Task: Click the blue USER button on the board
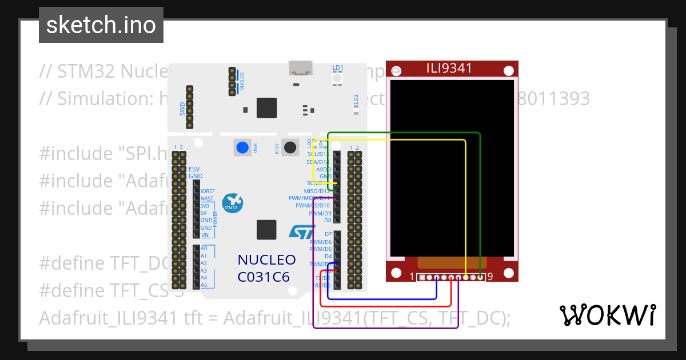pos(242,147)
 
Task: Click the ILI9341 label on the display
pos(449,69)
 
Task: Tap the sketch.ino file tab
pos(101,25)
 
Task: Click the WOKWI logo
pos(607,315)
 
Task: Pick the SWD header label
pos(183,109)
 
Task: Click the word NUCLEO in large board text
pos(266,260)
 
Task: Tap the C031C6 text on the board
pos(264,277)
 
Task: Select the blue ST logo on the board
pos(302,231)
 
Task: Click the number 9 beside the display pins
pos(490,277)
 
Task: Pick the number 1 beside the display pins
pos(412,277)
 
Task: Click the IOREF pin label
pos(207,191)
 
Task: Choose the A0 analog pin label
pos(204,249)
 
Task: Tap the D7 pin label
pos(328,234)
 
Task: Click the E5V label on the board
pos(195,169)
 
